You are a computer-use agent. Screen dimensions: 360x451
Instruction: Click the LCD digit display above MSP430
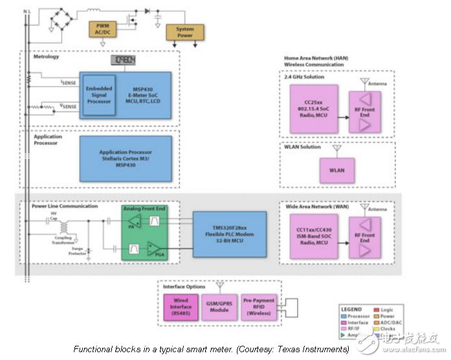coord(124,61)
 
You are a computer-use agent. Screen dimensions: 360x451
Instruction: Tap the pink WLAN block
coord(337,170)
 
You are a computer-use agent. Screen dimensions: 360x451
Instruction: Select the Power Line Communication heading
coord(65,207)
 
